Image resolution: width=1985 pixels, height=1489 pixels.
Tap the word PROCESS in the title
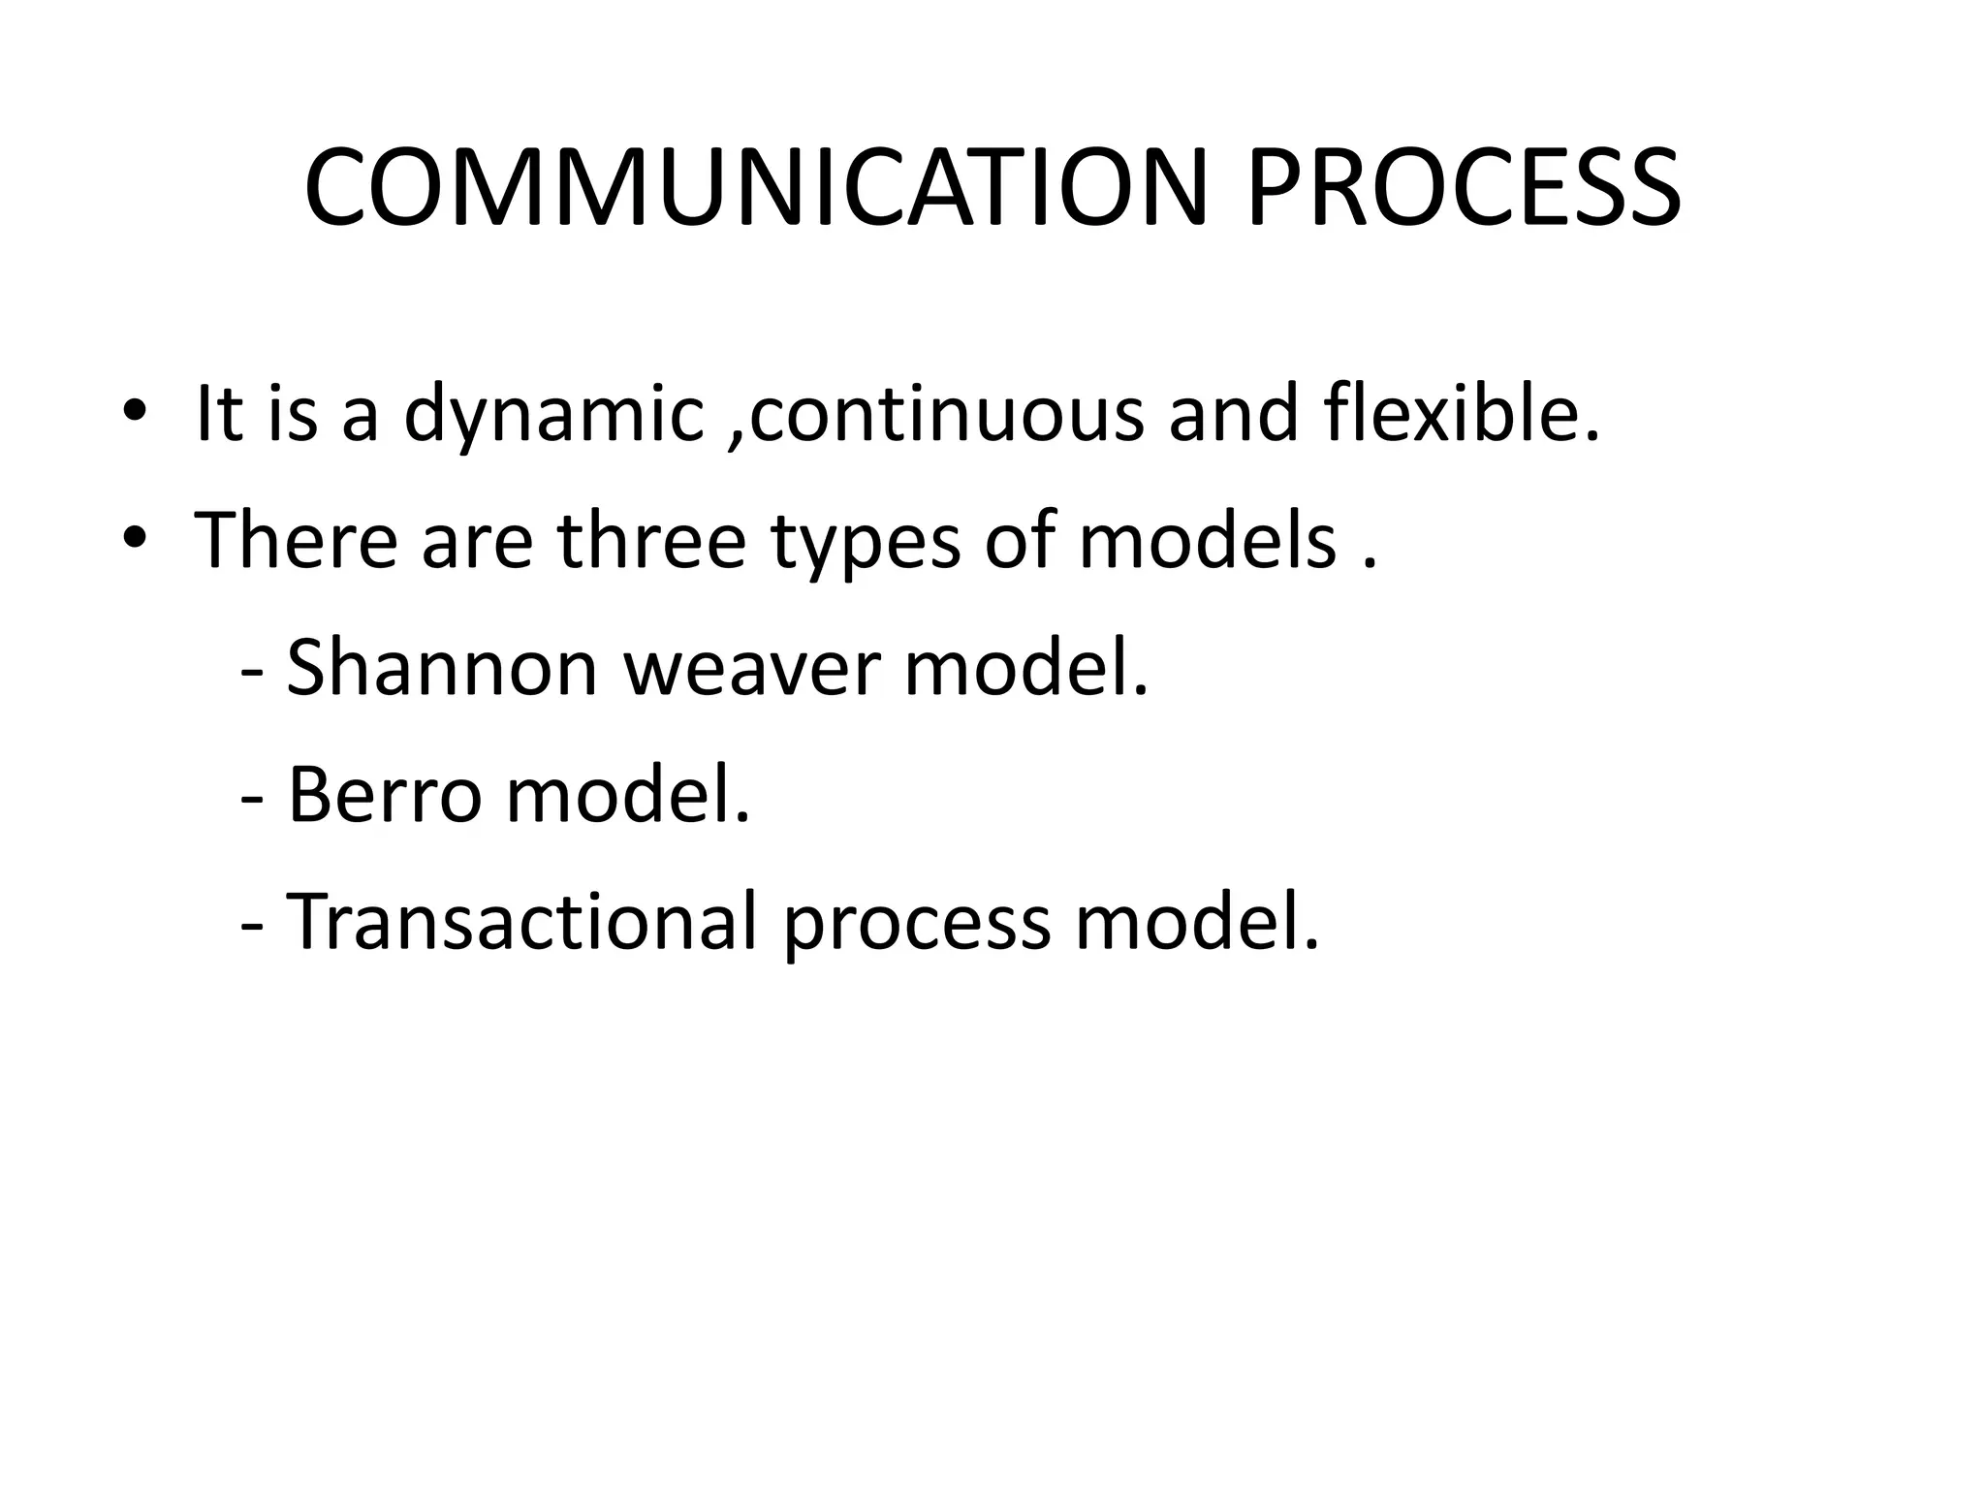click(1464, 188)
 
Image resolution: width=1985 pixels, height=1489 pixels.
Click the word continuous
click(945, 415)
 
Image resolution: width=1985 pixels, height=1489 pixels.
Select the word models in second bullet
click(1207, 540)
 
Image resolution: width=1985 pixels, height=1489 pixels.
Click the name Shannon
click(442, 668)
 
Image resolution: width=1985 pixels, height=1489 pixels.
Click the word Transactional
click(522, 922)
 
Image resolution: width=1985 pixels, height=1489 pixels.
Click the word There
click(296, 540)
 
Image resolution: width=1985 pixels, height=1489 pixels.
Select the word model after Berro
click(627, 795)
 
